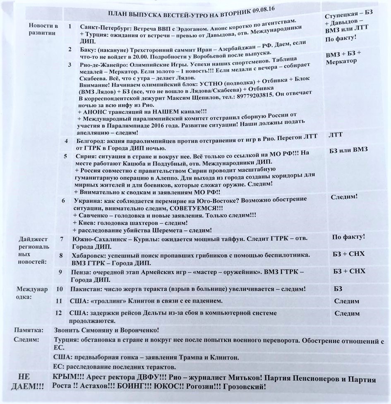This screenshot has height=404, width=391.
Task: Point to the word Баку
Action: coord(87,50)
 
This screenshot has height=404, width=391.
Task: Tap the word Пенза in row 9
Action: coord(81,272)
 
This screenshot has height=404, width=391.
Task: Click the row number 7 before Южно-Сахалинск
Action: coord(62,239)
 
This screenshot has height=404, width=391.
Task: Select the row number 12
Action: coord(59,313)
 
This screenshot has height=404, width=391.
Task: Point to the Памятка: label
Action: coord(29,330)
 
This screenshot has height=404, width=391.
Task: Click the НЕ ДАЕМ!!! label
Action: coord(29,382)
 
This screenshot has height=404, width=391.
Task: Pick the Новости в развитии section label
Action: coord(42,29)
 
